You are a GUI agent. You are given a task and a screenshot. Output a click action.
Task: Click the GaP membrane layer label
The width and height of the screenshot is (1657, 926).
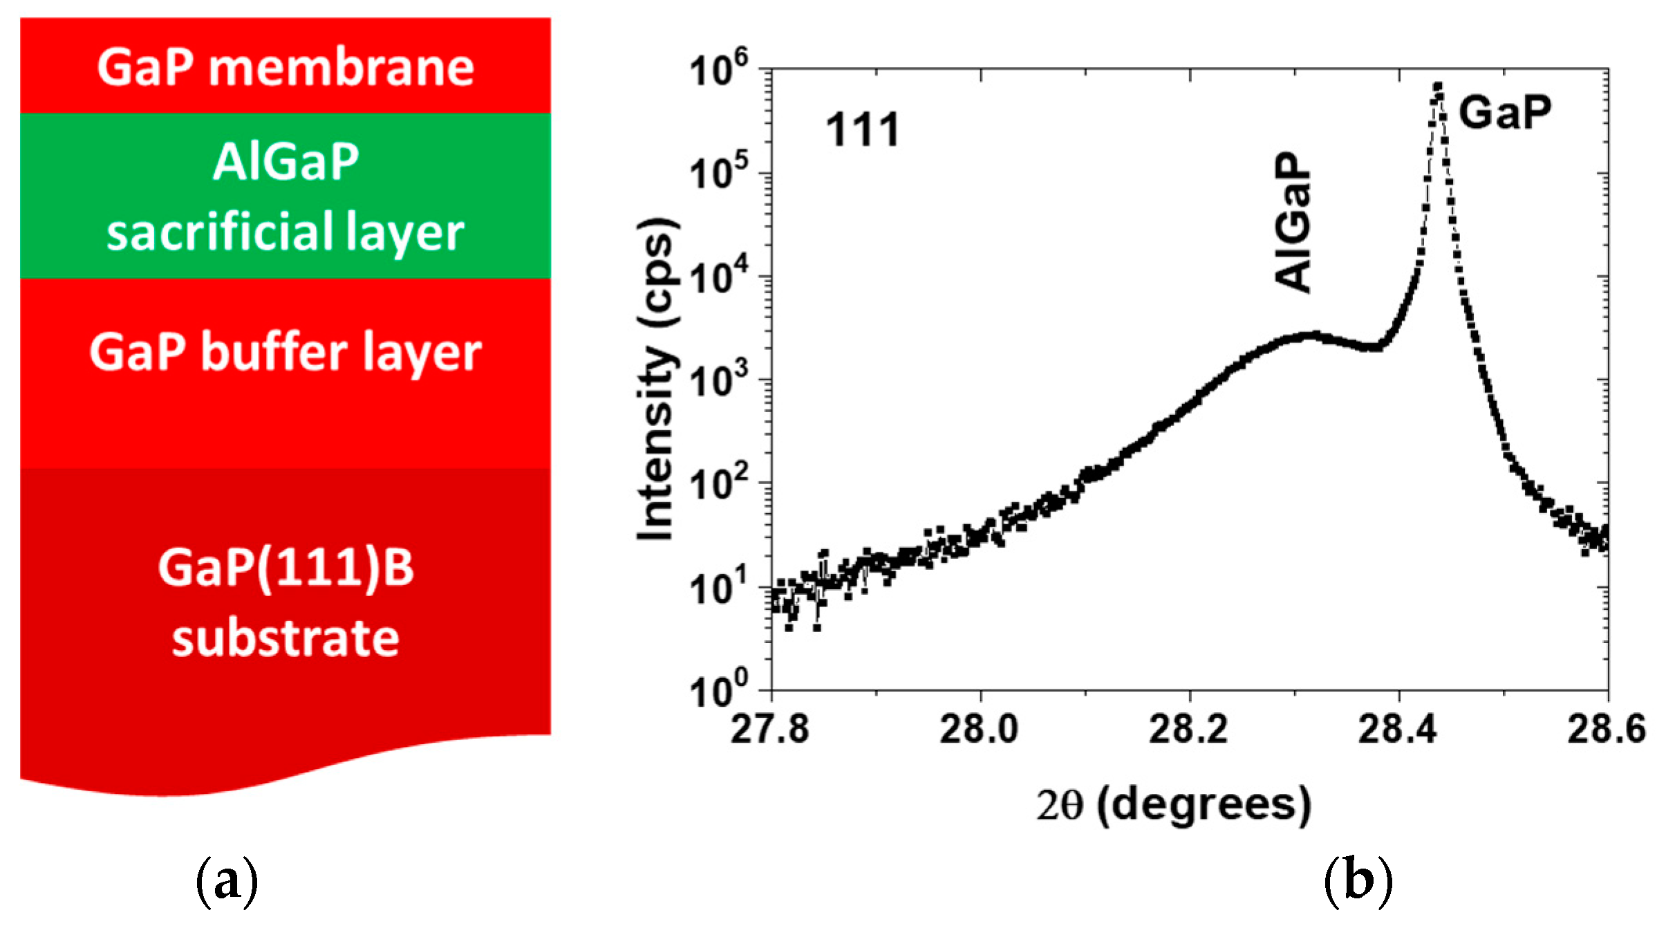tap(285, 68)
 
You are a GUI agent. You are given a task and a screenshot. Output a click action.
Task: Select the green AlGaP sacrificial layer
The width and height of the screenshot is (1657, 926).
tap(285, 196)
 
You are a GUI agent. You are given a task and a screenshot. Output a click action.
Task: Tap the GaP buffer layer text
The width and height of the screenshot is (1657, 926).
tap(285, 353)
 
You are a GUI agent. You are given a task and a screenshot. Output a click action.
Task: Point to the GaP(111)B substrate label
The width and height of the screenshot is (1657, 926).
tap(285, 602)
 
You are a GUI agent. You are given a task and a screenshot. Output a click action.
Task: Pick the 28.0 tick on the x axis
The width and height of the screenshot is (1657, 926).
tap(979, 730)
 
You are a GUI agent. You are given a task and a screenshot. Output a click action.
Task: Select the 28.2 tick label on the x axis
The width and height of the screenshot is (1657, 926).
tap(1188, 730)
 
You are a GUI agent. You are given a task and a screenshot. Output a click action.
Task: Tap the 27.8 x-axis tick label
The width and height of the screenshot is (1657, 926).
tap(769, 730)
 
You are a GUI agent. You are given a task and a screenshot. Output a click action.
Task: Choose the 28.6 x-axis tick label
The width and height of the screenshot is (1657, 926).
tap(1606, 730)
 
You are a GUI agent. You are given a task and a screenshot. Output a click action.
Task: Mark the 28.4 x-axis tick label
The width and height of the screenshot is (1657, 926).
tap(1397, 730)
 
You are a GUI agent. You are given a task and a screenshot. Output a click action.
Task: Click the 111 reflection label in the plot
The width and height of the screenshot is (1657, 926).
tap(862, 130)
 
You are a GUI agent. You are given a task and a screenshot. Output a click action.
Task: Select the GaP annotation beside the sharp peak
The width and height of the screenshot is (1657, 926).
tap(1505, 112)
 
